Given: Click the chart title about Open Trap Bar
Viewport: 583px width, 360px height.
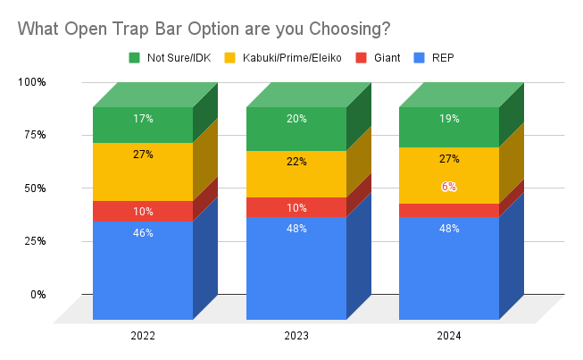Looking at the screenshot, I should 204,28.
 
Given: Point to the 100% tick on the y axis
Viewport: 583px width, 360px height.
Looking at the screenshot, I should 32,82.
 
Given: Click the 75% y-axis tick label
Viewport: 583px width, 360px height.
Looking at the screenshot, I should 35,135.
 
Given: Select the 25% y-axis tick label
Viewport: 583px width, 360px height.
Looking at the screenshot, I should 35,241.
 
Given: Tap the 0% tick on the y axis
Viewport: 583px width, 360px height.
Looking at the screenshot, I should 37,294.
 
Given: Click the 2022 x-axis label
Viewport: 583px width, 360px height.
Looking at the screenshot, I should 143,336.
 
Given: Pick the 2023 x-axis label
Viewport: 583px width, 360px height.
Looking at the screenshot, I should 296,336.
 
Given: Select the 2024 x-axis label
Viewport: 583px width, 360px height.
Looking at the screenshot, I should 449,336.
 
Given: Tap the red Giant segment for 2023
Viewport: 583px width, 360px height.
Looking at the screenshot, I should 296,206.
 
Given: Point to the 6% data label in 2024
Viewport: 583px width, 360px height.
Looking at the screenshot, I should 449,187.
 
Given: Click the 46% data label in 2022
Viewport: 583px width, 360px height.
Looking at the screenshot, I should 143,233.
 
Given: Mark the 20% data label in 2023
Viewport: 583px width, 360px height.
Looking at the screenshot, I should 296,117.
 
